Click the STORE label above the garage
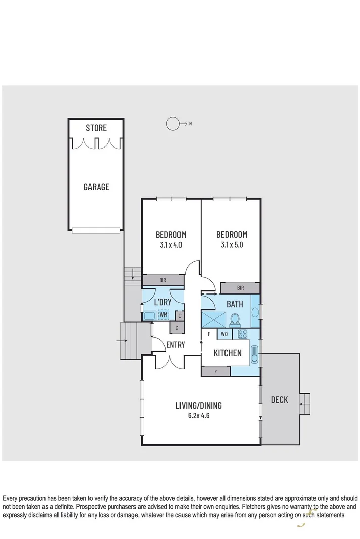pos(96,128)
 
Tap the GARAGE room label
pos(96,187)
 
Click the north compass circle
pos(173,123)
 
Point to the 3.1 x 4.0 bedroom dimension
pos(170,245)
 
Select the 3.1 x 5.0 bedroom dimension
pos(232,245)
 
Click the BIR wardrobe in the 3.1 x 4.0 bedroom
pos(162,280)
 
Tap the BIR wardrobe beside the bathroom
pos(240,288)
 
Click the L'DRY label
pos(162,302)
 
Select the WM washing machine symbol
pos(163,315)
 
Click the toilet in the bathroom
pos(235,320)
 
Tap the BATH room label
pos(234,304)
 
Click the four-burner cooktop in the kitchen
pos(242,334)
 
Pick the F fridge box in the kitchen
pos(209,334)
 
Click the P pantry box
pos(216,371)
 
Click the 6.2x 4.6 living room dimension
pos(198,416)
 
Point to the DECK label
pos(279,400)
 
